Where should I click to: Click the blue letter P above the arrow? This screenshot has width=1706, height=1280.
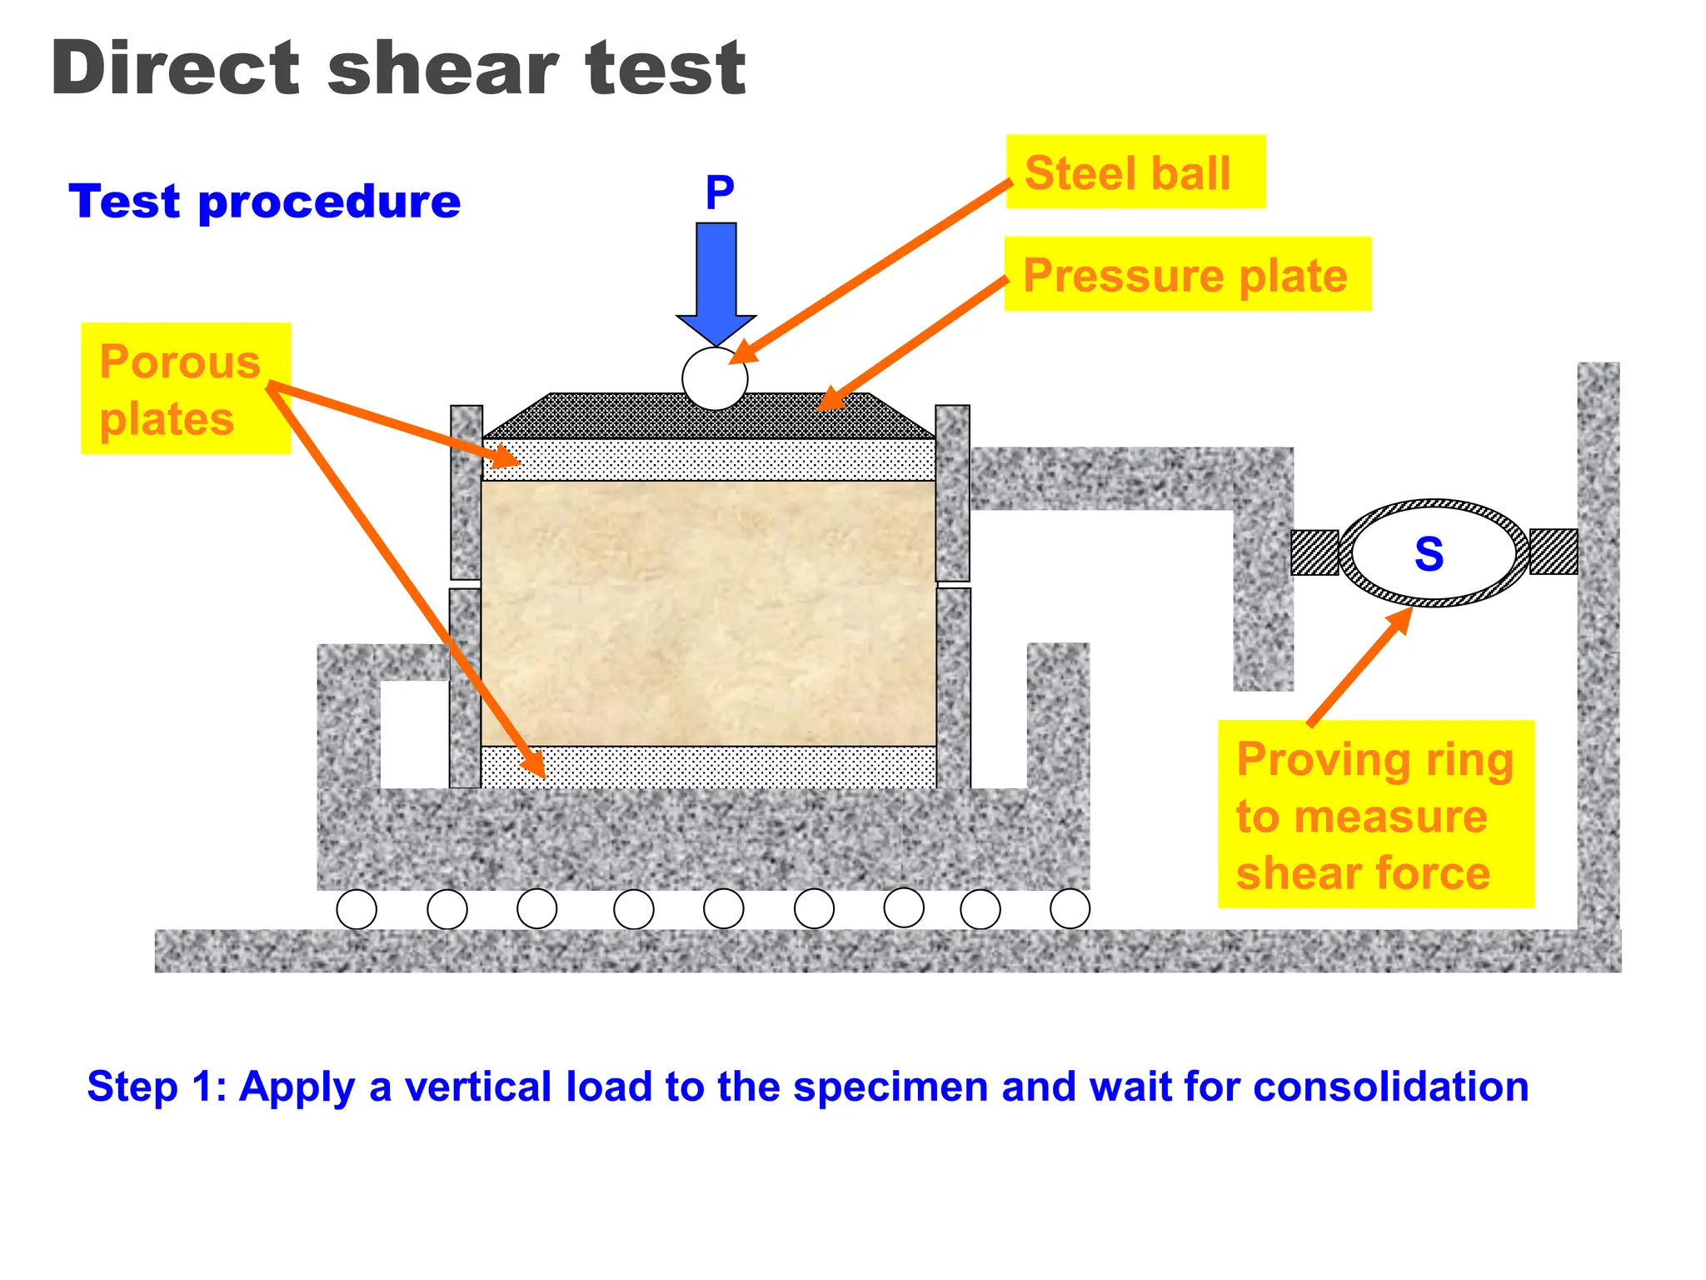[720, 193]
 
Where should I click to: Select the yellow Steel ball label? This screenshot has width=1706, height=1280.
[1135, 172]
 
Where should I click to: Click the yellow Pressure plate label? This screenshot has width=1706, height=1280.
[1186, 274]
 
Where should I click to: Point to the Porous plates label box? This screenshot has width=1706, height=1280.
[185, 388]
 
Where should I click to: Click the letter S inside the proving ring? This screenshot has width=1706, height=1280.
[1429, 554]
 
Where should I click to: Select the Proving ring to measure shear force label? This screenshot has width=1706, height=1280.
[1374, 814]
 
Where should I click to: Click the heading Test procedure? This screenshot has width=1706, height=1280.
[265, 202]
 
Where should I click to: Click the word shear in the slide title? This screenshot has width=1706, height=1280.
[442, 69]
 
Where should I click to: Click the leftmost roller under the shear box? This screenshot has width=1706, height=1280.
[357, 909]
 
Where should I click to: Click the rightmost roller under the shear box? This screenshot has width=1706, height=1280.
[1070, 908]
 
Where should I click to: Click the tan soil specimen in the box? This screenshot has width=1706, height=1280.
[708, 612]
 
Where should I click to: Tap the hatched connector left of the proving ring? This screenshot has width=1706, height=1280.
[1314, 552]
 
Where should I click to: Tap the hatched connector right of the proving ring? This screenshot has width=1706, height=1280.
[1554, 552]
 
